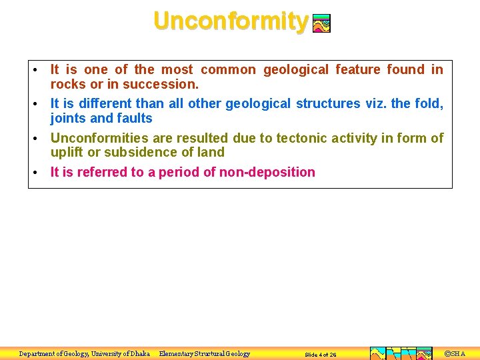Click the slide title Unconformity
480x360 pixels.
[x=231, y=21]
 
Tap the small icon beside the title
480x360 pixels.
[x=321, y=24]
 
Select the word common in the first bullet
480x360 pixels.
[x=228, y=69]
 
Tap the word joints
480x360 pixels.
[x=68, y=118]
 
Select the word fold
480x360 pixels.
[x=429, y=103]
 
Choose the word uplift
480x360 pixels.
[x=66, y=152]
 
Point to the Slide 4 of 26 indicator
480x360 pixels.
[x=321, y=355]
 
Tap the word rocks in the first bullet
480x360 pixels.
[x=67, y=84]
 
